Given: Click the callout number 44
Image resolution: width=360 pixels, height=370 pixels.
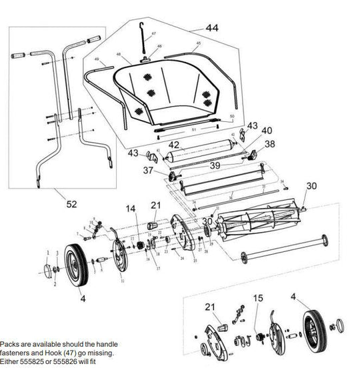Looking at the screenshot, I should point(212,29).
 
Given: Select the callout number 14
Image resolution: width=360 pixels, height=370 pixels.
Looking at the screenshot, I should point(130,207).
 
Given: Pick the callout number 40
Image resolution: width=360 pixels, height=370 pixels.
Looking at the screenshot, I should point(266,131).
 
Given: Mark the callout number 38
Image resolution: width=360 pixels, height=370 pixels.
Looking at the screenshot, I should point(269,143).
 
